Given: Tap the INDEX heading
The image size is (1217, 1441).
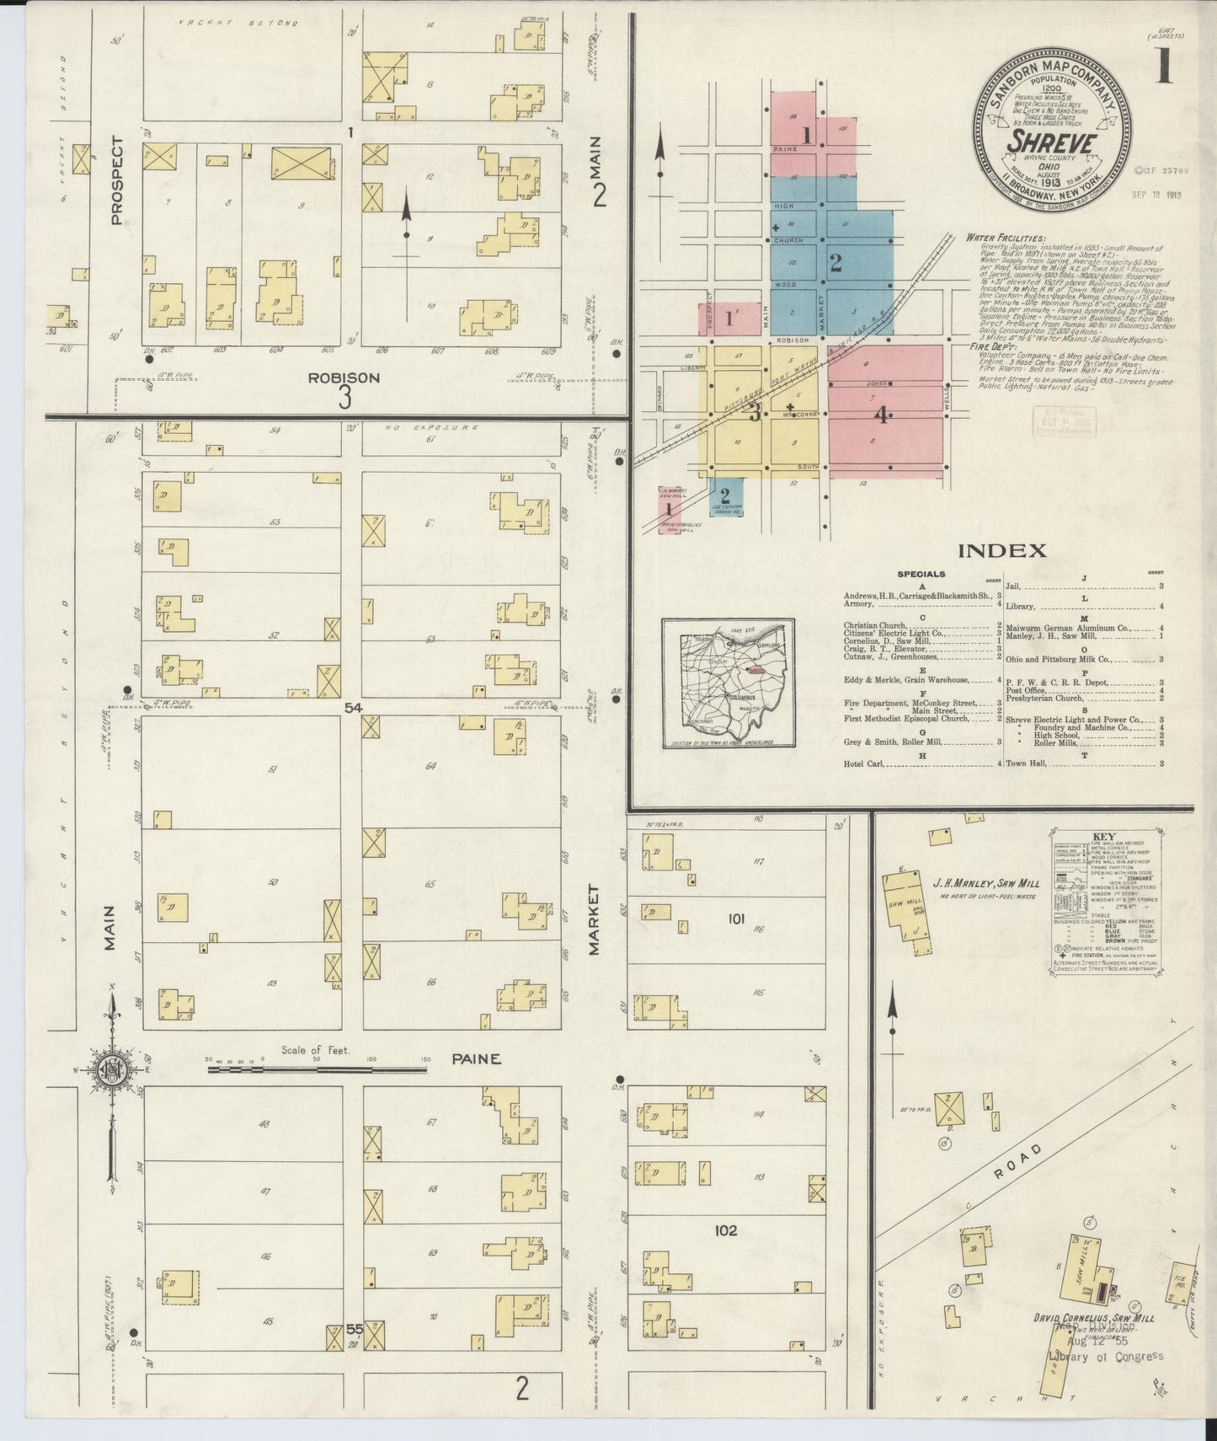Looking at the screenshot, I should (x=1001, y=551).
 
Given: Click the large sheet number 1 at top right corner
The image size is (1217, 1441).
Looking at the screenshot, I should (x=1164, y=65).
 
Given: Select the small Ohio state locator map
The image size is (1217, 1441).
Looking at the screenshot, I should (x=729, y=683).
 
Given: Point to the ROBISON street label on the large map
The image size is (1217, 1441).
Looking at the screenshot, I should (x=344, y=378).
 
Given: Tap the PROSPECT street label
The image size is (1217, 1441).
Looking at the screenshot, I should (x=116, y=180).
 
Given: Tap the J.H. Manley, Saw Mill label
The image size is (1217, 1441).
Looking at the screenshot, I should (x=985, y=884).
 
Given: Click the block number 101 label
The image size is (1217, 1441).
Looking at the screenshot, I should (x=736, y=919).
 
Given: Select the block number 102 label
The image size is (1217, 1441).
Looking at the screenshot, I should (x=725, y=1230).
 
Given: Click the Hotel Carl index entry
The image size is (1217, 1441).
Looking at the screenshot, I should (x=862, y=763).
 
